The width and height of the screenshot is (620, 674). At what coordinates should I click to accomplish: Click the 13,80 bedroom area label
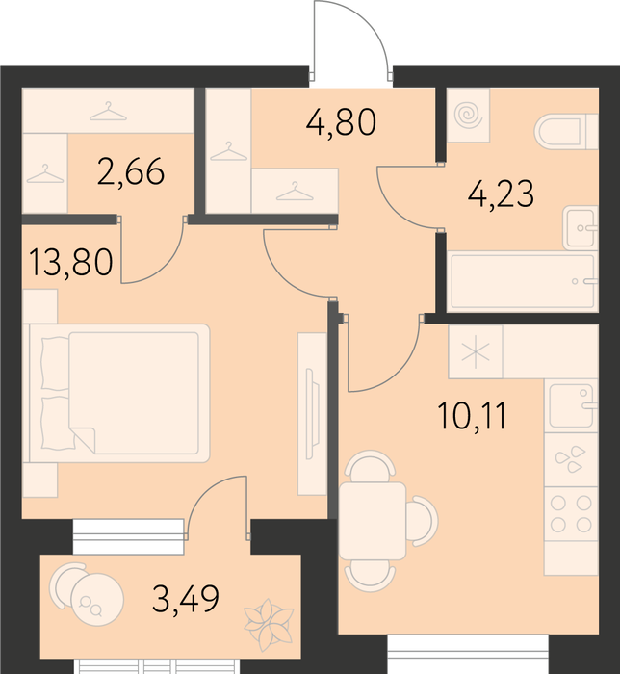coord(71,263)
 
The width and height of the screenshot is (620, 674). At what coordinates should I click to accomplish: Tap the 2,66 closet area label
coord(131,171)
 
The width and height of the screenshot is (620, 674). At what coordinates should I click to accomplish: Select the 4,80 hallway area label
coord(341,122)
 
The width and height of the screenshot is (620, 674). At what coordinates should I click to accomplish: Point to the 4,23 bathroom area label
coord(501,194)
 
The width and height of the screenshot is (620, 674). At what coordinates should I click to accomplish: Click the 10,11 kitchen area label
coord(472,416)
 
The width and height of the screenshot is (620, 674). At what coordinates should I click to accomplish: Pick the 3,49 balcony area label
coord(186,599)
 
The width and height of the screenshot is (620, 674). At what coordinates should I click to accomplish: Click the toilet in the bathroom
coord(566,132)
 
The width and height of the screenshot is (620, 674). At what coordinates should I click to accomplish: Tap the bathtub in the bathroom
coord(523,281)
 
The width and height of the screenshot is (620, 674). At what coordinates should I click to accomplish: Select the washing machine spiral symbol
coord(468,115)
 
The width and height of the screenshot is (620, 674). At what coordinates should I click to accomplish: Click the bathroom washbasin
coord(581,228)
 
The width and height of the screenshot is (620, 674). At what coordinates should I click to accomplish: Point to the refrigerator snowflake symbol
coord(476,352)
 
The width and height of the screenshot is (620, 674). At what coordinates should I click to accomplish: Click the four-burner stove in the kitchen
coord(571,513)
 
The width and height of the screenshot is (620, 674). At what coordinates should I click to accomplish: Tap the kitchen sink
coord(572,405)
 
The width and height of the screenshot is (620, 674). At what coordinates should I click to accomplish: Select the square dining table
coord(373,521)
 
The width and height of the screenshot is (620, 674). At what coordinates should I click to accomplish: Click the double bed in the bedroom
coord(116,393)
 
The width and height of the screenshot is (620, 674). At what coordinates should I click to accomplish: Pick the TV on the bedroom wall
coord(312,414)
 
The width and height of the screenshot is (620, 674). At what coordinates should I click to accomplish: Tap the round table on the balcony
coord(97,599)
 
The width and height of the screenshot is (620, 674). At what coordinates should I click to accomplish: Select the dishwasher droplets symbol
coord(571,459)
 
